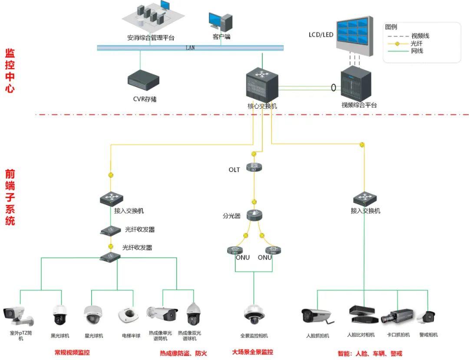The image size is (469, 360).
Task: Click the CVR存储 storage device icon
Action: pyautogui.click(x=143, y=80)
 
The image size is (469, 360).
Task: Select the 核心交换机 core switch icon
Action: pyautogui.click(x=262, y=83)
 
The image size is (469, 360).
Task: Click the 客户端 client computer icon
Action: pyautogui.click(x=221, y=21)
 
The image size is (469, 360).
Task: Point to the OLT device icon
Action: pyautogui.click(x=254, y=167)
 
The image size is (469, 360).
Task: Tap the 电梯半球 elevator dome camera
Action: pyautogui.click(x=128, y=316)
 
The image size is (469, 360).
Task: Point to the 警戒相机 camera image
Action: pyautogui.click(x=426, y=317)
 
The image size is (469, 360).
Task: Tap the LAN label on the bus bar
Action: pyautogui.click(x=190, y=48)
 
